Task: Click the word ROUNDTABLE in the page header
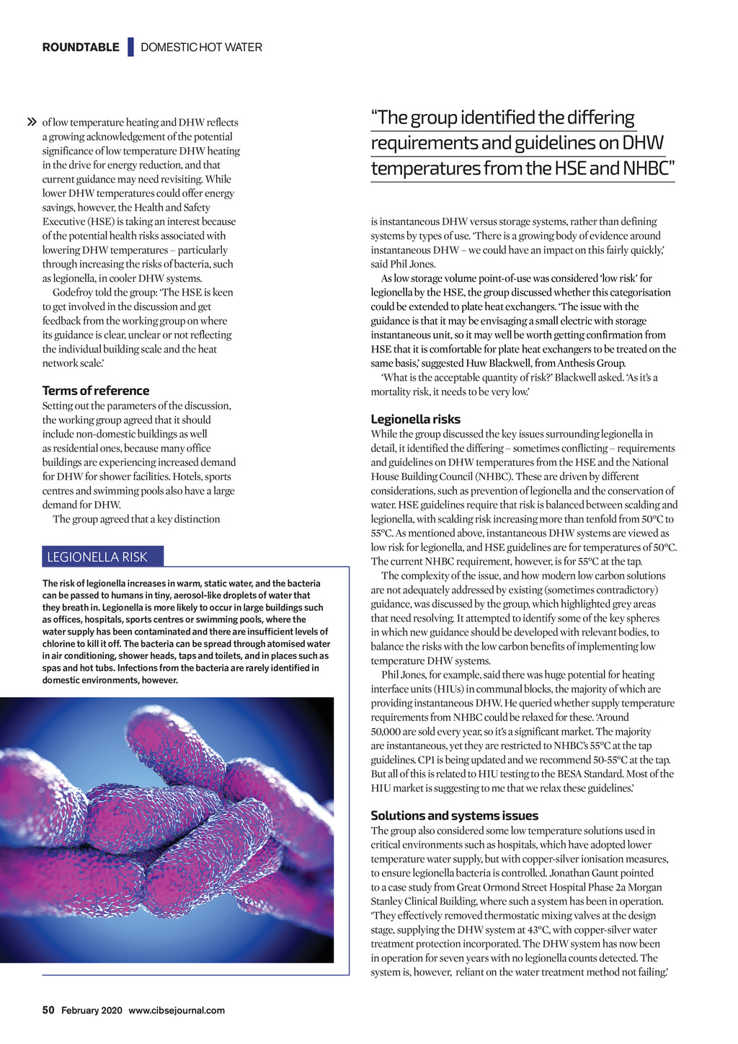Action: pyautogui.click(x=81, y=48)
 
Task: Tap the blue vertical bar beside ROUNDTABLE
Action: pyautogui.click(x=130, y=47)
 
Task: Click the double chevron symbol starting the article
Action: pyautogui.click(x=32, y=123)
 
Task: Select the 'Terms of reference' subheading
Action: pyautogui.click(x=96, y=391)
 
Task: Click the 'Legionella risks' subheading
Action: pyautogui.click(x=415, y=420)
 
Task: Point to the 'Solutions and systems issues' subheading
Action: pyautogui.click(x=454, y=816)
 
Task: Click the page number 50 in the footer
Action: pyautogui.click(x=48, y=1010)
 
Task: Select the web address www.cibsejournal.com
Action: pyautogui.click(x=177, y=1011)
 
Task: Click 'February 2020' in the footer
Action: pyautogui.click(x=92, y=1011)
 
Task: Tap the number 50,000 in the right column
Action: pyautogui.click(x=390, y=732)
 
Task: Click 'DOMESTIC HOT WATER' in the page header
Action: pyautogui.click(x=201, y=48)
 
